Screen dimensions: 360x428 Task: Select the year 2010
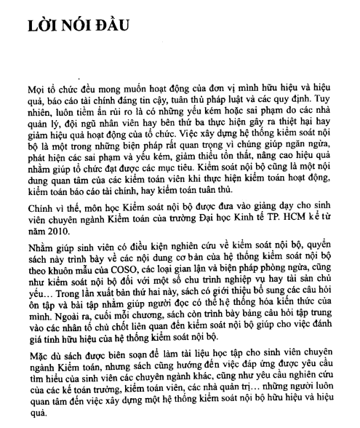(x=52, y=229)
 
